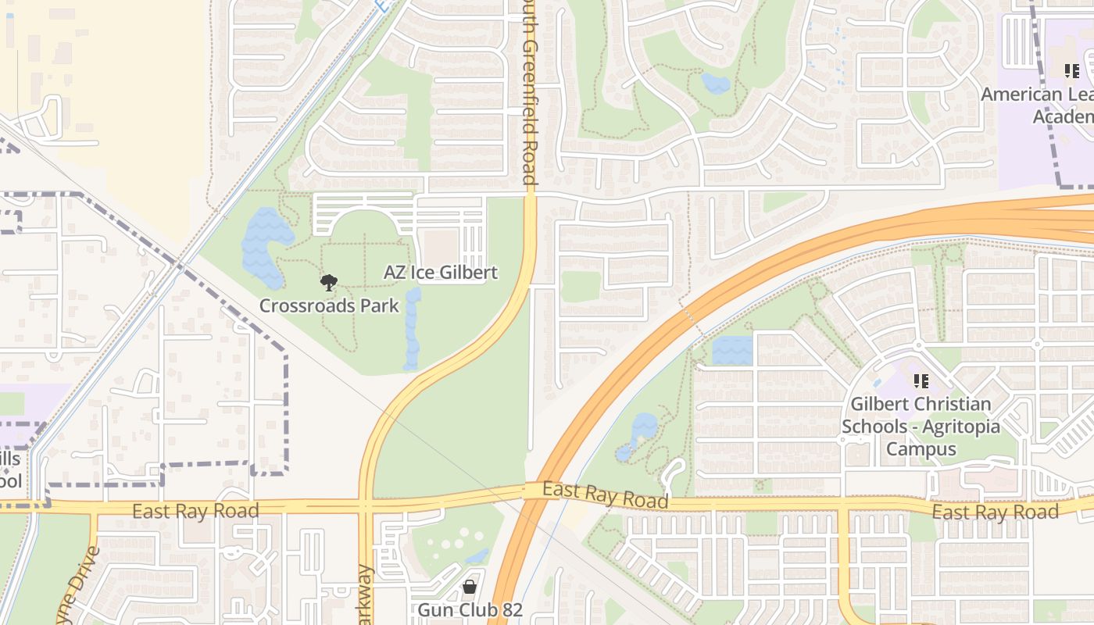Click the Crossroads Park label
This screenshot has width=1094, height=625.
tap(329, 305)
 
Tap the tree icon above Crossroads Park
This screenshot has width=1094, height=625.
tap(329, 283)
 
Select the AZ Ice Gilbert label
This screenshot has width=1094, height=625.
tap(440, 273)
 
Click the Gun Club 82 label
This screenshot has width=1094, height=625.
tap(470, 609)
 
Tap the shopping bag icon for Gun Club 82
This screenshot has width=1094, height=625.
tap(470, 587)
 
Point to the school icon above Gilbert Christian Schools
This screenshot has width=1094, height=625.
tap(921, 381)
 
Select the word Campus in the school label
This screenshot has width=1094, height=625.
tap(921, 449)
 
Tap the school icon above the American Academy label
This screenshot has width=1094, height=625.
tap(1071, 71)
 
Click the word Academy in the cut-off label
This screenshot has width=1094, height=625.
tap(1063, 116)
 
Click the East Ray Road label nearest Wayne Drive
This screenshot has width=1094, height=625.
tap(195, 512)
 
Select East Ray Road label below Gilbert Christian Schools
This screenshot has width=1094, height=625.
tap(995, 512)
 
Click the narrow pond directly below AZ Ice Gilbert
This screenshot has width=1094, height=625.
tap(412, 328)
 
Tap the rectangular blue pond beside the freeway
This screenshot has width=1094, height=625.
tap(732, 350)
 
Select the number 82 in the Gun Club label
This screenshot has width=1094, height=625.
tap(511, 609)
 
